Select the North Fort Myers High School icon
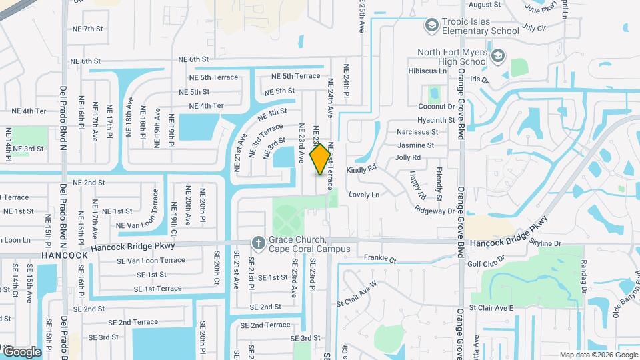click(x=497, y=56)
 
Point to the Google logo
click(x=22, y=351)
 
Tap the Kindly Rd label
click(x=362, y=170)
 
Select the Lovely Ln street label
click(x=363, y=195)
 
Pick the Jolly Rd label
click(x=407, y=158)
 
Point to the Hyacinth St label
click(x=436, y=120)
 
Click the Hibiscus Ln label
click(x=427, y=71)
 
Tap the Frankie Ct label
click(x=380, y=257)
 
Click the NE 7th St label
click(x=87, y=29)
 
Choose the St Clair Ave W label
click(x=356, y=292)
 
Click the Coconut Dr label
click(x=436, y=106)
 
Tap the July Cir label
click(x=535, y=28)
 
